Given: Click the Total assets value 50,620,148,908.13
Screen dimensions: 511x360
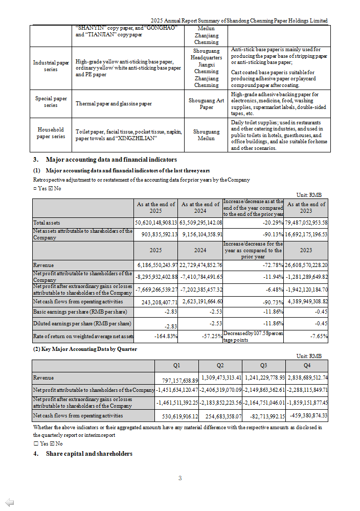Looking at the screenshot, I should coord(156,223).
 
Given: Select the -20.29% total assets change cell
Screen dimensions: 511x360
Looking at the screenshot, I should coord(253,223).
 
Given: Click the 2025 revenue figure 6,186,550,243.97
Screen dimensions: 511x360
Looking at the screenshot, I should coord(156,265).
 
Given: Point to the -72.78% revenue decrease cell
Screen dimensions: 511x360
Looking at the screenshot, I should coord(253,265).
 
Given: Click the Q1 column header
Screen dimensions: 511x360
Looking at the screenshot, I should coord(176,366).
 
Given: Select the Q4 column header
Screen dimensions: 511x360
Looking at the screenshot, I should coord(307,366).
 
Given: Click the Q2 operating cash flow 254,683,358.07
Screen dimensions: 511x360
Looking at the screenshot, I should coord(220,416).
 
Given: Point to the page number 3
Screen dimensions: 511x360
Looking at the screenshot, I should coord(180,478).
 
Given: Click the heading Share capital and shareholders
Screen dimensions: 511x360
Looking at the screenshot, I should coord(89,454).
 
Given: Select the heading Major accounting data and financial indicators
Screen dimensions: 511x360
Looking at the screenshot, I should coord(111,160).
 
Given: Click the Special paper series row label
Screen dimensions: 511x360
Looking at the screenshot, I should coord(51,102).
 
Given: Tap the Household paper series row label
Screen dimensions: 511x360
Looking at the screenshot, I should coord(51,133).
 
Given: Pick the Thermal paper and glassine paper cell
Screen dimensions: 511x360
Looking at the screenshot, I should coord(114,104).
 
